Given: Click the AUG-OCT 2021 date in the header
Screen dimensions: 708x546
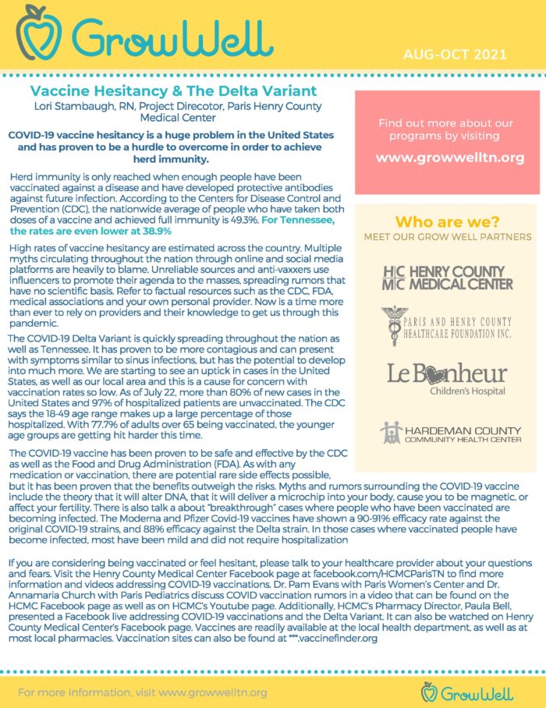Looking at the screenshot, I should pos(455,55).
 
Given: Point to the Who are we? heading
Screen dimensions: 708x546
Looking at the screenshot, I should pos(448,221).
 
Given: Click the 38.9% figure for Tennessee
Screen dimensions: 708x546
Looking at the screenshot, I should pos(156,232).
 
